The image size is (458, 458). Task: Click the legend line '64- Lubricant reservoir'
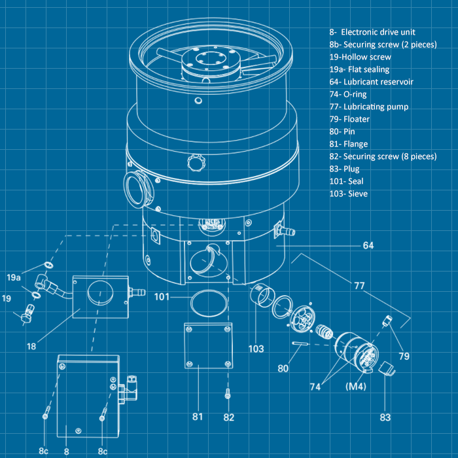pyautogui.click(x=372, y=82)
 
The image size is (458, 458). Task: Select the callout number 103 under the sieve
pyautogui.click(x=256, y=349)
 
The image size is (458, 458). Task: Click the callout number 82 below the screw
pyautogui.click(x=228, y=417)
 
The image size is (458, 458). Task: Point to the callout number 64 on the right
pyautogui.click(x=368, y=246)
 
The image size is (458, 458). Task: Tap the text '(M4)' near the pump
pyautogui.click(x=355, y=387)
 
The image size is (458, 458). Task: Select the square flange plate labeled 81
pyautogui.click(x=208, y=346)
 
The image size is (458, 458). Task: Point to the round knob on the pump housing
pyautogui.click(x=196, y=162)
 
